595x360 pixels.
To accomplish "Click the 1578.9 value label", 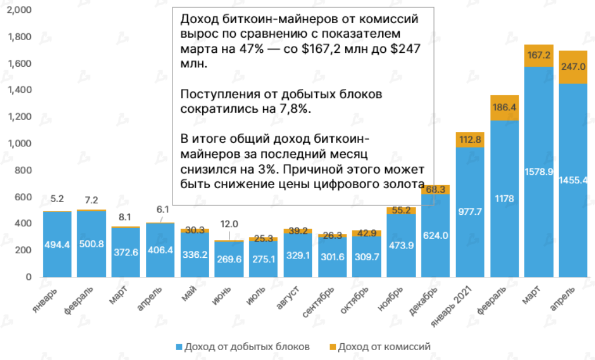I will coord(538,172).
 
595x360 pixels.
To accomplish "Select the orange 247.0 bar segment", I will coord(573,67).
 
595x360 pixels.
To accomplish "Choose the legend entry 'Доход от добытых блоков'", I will coord(242,347).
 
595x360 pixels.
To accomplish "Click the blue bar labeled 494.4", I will coord(57,244).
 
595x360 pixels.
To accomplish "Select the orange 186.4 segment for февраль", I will coord(504,107).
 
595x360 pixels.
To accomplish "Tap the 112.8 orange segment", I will coord(469,139).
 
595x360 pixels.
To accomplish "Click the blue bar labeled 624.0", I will coord(435,235).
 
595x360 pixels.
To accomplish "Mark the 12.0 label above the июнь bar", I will coord(230,225).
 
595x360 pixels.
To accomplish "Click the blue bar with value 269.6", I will coord(229,259).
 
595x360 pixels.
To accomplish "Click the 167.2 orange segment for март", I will coord(538,56).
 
